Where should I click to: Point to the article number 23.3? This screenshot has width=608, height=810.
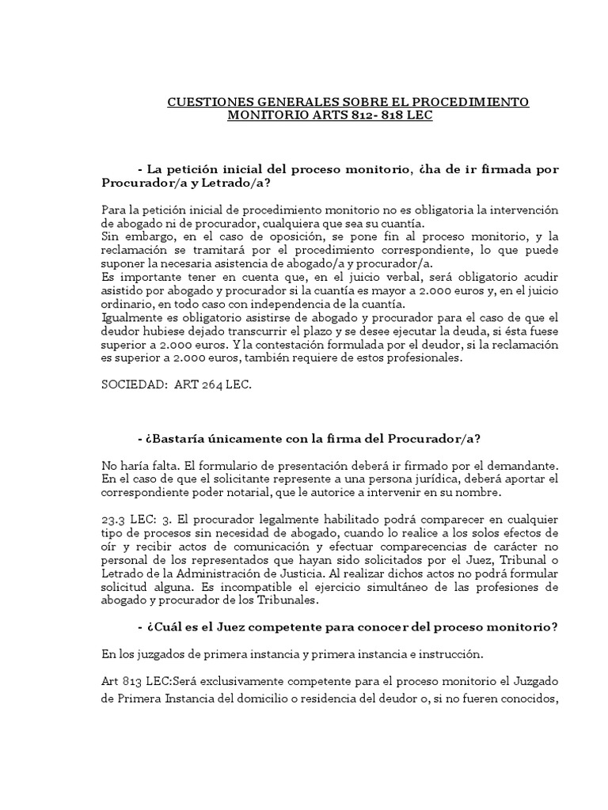(116, 520)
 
